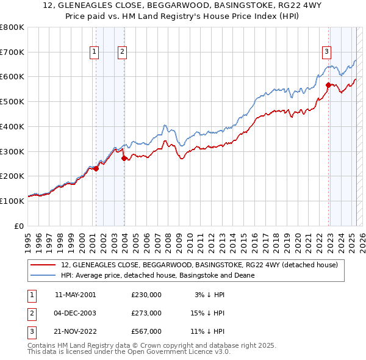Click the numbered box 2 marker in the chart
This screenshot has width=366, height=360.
tap(123, 52)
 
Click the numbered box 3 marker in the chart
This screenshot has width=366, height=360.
tap(327, 52)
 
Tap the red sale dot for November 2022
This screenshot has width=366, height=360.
tap(328, 85)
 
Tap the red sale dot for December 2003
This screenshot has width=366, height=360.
tap(124, 158)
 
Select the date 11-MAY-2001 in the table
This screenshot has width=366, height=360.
tap(75, 295)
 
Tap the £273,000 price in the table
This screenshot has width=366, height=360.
tap(146, 313)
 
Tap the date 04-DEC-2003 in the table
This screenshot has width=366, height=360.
tap(75, 313)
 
